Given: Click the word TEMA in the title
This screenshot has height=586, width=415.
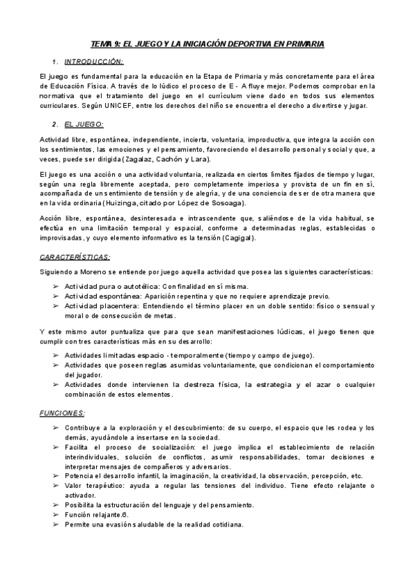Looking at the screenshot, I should (103, 44).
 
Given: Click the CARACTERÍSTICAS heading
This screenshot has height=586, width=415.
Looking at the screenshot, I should (75, 256).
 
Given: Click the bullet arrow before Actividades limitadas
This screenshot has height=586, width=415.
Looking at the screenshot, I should (55, 355).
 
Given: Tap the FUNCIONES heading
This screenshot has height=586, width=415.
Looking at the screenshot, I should (62, 413).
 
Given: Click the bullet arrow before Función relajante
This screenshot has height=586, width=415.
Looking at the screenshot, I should (55, 515).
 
